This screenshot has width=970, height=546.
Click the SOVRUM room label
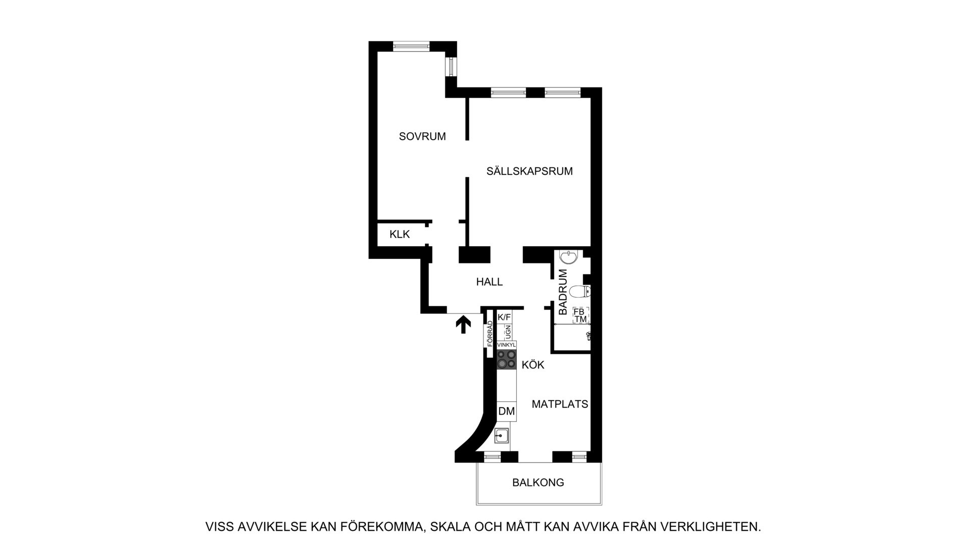(422, 136)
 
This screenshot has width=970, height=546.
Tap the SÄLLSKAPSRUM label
(529, 171)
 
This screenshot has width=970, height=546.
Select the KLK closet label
(400, 235)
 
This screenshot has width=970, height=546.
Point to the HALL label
(490, 282)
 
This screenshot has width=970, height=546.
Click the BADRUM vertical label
(563, 292)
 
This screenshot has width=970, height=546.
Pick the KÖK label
(533, 365)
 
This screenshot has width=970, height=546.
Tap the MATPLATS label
(560, 404)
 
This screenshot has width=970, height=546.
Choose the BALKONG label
(538, 483)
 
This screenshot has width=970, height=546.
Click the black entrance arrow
(463, 325)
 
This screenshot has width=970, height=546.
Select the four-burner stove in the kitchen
(506, 359)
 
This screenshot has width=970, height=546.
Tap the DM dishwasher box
(506, 412)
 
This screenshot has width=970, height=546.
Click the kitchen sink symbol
(501, 435)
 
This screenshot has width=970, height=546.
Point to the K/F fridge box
(504, 317)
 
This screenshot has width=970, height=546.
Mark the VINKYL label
(506, 345)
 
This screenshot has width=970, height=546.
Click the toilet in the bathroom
(580, 292)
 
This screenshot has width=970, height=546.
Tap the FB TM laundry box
(580, 315)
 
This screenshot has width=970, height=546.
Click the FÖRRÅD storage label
(490, 334)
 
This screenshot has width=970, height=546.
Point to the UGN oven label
(508, 332)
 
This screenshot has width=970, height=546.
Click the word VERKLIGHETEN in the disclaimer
(718, 527)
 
